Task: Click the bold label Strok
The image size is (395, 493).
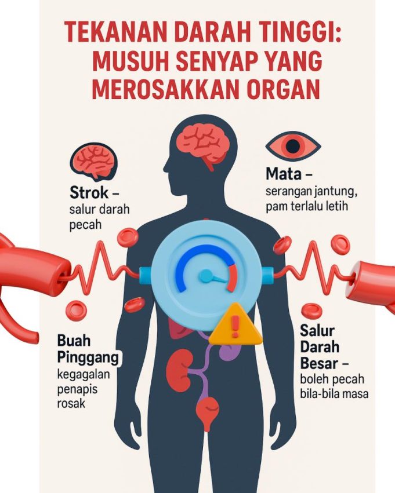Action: [x=89, y=192]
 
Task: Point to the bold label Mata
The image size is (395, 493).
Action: [x=284, y=174]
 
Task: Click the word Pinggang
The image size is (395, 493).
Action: [x=88, y=358]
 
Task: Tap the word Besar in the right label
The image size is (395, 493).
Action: [x=319, y=363]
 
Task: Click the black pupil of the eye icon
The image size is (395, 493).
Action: [x=293, y=145]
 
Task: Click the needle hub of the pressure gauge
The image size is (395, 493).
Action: [x=206, y=276]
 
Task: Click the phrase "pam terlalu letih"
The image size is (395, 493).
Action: [x=307, y=206]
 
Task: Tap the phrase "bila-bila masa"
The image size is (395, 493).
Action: [x=334, y=393]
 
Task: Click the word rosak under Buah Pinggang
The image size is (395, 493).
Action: [x=71, y=403]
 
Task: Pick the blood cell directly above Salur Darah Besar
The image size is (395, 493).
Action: [x=311, y=310]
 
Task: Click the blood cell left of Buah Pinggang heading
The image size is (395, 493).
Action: [x=76, y=310]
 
